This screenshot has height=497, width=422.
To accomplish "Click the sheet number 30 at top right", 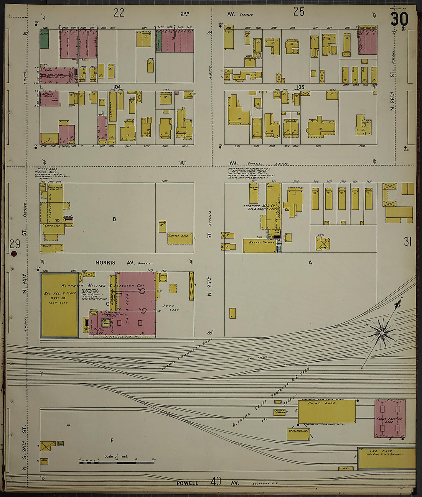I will (399, 19).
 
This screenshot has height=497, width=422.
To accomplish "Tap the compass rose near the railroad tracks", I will (381, 333).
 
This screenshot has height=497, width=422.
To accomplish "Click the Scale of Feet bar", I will (117, 463).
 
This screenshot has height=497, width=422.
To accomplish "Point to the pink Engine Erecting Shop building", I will (390, 419).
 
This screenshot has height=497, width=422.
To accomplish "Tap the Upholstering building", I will (298, 434).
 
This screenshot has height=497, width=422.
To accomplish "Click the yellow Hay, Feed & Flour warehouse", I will (59, 305).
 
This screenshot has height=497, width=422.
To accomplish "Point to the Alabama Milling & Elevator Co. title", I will (102, 286).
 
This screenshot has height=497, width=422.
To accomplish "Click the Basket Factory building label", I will (262, 243).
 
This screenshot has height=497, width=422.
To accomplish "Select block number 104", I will (117, 87).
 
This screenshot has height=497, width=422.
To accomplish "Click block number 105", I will (300, 87).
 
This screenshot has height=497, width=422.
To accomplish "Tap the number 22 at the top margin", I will (119, 13).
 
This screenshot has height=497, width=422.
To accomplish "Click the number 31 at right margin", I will (407, 241).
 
